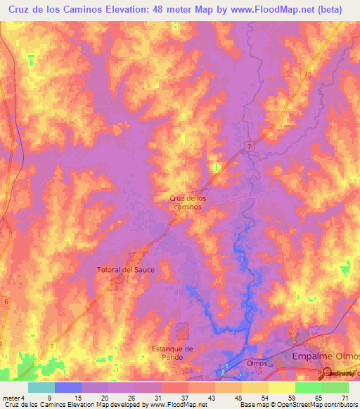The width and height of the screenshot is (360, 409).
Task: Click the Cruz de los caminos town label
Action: (188, 202)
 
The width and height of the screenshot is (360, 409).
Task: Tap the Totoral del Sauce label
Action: (125, 270)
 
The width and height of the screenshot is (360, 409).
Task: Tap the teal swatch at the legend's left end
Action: (41, 387)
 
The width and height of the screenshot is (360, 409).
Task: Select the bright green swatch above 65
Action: (308, 387)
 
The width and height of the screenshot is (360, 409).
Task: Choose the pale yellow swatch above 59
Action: (281, 387)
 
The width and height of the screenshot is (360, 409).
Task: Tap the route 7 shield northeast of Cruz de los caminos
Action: (250, 145)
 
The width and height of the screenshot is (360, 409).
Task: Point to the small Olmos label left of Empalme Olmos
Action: (257, 363)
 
